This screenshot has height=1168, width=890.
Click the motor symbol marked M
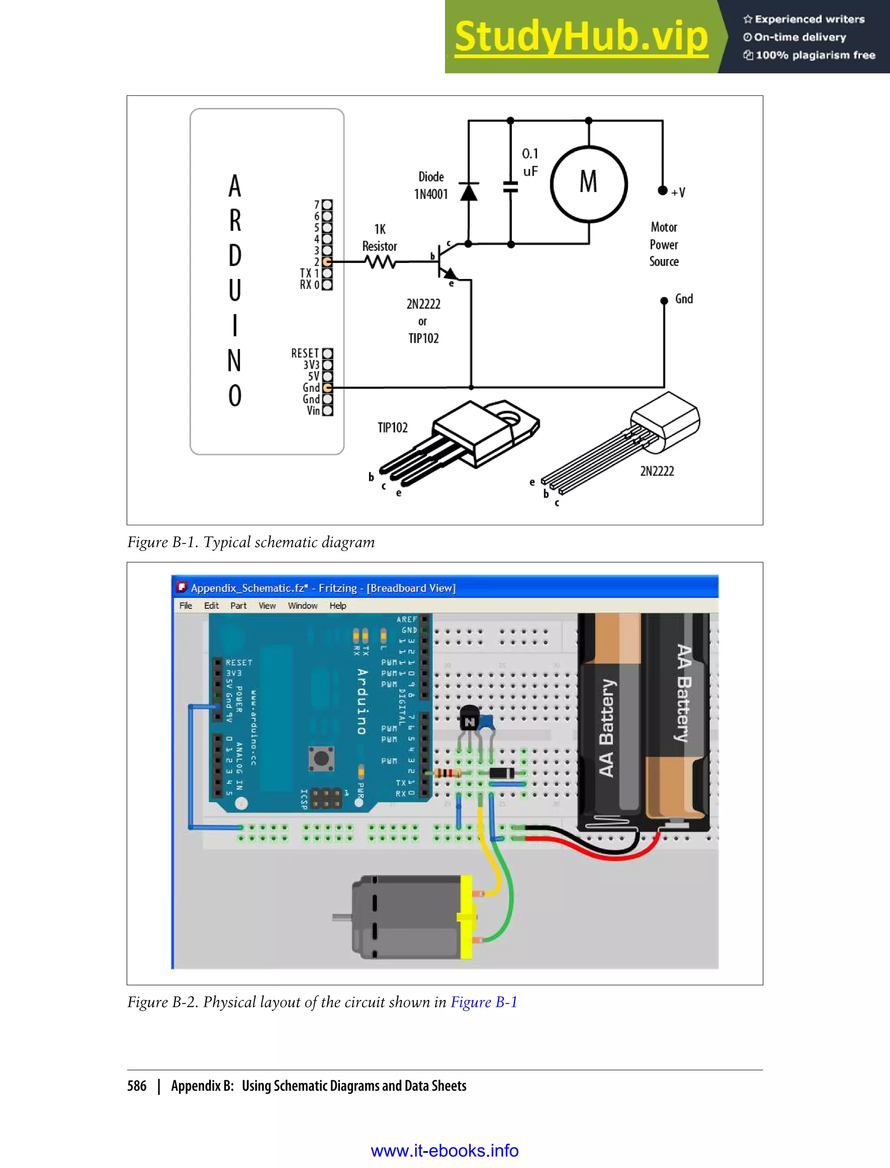(588, 183)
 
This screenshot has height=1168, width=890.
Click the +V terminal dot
(662, 191)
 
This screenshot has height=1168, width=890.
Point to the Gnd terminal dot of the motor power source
(664, 300)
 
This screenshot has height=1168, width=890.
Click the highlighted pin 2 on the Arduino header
(327, 262)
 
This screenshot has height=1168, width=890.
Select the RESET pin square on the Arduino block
(327, 353)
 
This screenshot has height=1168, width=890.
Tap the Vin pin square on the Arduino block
(327, 411)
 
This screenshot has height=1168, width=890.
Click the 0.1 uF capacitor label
(530, 162)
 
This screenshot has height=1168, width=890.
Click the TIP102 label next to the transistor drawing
(392, 428)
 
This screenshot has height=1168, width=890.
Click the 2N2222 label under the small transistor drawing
(657, 471)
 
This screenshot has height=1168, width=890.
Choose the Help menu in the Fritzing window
(338, 605)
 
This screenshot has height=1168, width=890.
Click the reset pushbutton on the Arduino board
(321, 758)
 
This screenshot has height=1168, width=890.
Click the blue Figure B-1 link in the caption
(484, 1002)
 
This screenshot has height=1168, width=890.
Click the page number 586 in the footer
(137, 1086)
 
